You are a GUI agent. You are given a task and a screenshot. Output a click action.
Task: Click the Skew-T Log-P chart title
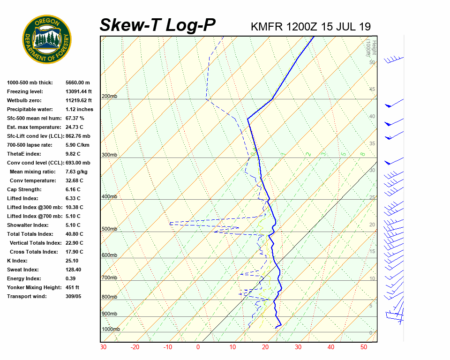158,25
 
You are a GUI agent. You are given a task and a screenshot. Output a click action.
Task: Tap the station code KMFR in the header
266,26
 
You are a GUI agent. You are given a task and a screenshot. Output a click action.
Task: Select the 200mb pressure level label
109,97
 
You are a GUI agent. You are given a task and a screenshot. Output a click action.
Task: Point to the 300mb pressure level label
109,155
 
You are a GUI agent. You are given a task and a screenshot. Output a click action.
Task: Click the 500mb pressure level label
109,229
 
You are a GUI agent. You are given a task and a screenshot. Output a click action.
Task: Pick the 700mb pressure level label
109,278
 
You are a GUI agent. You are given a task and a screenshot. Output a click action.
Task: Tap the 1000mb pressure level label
111,329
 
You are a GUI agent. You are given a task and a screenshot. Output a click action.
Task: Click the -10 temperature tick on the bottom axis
167,347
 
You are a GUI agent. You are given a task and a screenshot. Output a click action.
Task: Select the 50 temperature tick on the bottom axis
364,347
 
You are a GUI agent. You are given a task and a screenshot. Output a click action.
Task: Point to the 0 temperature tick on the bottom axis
198,347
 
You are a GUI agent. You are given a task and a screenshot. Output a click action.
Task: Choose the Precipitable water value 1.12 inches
79,109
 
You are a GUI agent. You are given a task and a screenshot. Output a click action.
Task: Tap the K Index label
17,261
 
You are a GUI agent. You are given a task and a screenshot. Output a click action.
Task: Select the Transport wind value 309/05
73,296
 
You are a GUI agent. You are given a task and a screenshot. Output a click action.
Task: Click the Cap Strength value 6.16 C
74,189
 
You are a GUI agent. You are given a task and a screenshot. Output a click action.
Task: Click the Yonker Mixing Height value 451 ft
72,287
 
